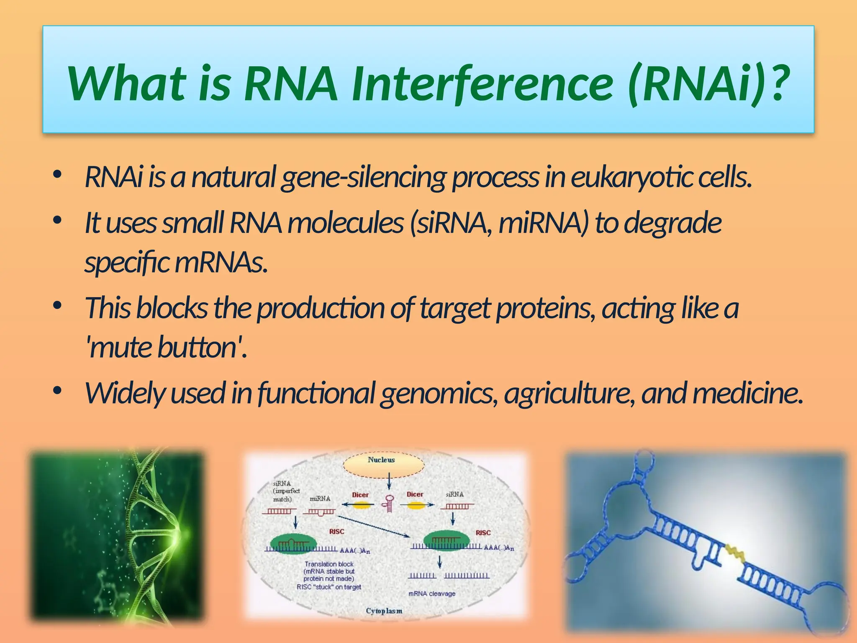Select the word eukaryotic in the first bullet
(x=632, y=178)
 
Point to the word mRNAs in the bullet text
(x=221, y=263)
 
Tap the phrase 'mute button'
(x=167, y=348)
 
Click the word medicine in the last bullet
(x=747, y=394)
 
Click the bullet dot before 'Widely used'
(x=57, y=391)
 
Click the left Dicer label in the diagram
(x=360, y=495)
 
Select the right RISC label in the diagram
(x=482, y=532)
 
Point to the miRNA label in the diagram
(x=320, y=499)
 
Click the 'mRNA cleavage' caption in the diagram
(x=431, y=594)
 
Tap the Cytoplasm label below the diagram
(x=384, y=611)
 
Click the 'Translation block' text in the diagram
(x=329, y=564)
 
